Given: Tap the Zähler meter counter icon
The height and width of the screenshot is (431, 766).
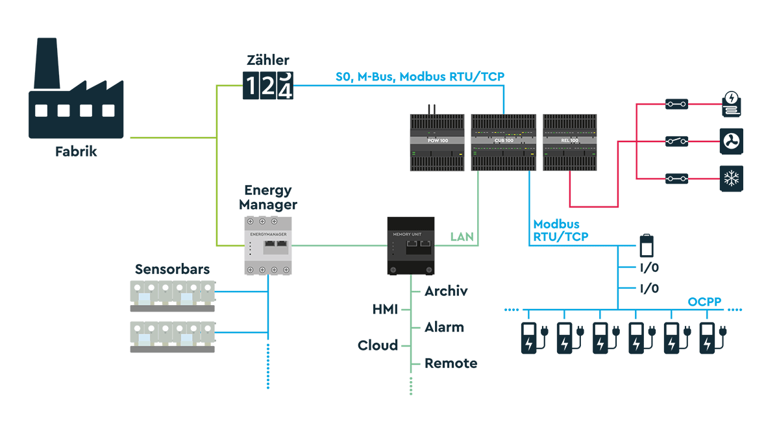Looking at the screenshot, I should coord(268,86).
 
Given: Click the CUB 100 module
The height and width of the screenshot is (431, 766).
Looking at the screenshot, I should coord(503,142).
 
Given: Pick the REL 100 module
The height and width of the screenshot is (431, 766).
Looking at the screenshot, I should coord(569,142).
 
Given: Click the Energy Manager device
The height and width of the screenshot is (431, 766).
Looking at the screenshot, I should coord(268,245).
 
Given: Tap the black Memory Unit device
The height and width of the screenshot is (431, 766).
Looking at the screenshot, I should coord(410,246).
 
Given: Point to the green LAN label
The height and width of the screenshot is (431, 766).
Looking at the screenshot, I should coord(462,237).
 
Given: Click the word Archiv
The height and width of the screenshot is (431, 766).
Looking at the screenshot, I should coord(446,291).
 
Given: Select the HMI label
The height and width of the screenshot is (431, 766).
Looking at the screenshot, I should coord(385,310).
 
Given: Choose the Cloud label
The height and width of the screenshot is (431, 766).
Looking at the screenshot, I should coord(378,345).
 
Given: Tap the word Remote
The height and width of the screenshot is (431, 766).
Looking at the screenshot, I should coord(451,363).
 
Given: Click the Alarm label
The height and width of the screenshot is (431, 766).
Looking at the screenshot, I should coord(444,327).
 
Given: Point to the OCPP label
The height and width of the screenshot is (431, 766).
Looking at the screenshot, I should coord(704,302).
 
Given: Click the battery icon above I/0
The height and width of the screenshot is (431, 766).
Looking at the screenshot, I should coord(647,246).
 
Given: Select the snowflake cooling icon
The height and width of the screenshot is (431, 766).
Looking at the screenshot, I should coord(732,179).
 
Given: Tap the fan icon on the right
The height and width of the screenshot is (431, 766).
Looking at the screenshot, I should coord(732,140).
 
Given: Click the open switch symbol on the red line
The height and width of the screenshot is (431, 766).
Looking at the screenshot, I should coord(676,141).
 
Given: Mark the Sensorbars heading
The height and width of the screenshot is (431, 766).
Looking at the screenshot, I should coord(172,269).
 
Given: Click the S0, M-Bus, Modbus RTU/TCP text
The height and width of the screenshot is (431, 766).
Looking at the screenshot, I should coord(419,77).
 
